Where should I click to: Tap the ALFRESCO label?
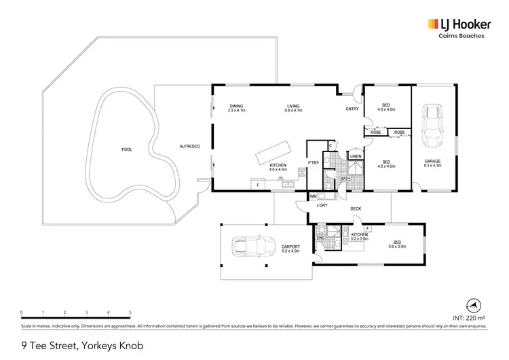(x=189, y=147)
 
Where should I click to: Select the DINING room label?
(x=236, y=107)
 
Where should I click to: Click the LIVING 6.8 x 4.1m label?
(x=293, y=107)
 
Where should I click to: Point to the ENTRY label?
(x=352, y=109)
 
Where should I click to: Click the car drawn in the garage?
(x=432, y=129)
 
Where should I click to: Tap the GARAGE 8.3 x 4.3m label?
(x=432, y=163)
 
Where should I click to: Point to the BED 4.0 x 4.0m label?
(x=386, y=107)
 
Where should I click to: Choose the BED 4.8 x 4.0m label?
(x=386, y=163)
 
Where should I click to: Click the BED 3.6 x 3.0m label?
(x=396, y=242)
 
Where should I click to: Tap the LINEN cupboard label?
(x=355, y=156)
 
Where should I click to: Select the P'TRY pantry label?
(x=314, y=163)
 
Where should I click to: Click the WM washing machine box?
(x=313, y=197)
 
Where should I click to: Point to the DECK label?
(x=355, y=209)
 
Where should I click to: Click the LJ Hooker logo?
(x=455, y=24)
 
